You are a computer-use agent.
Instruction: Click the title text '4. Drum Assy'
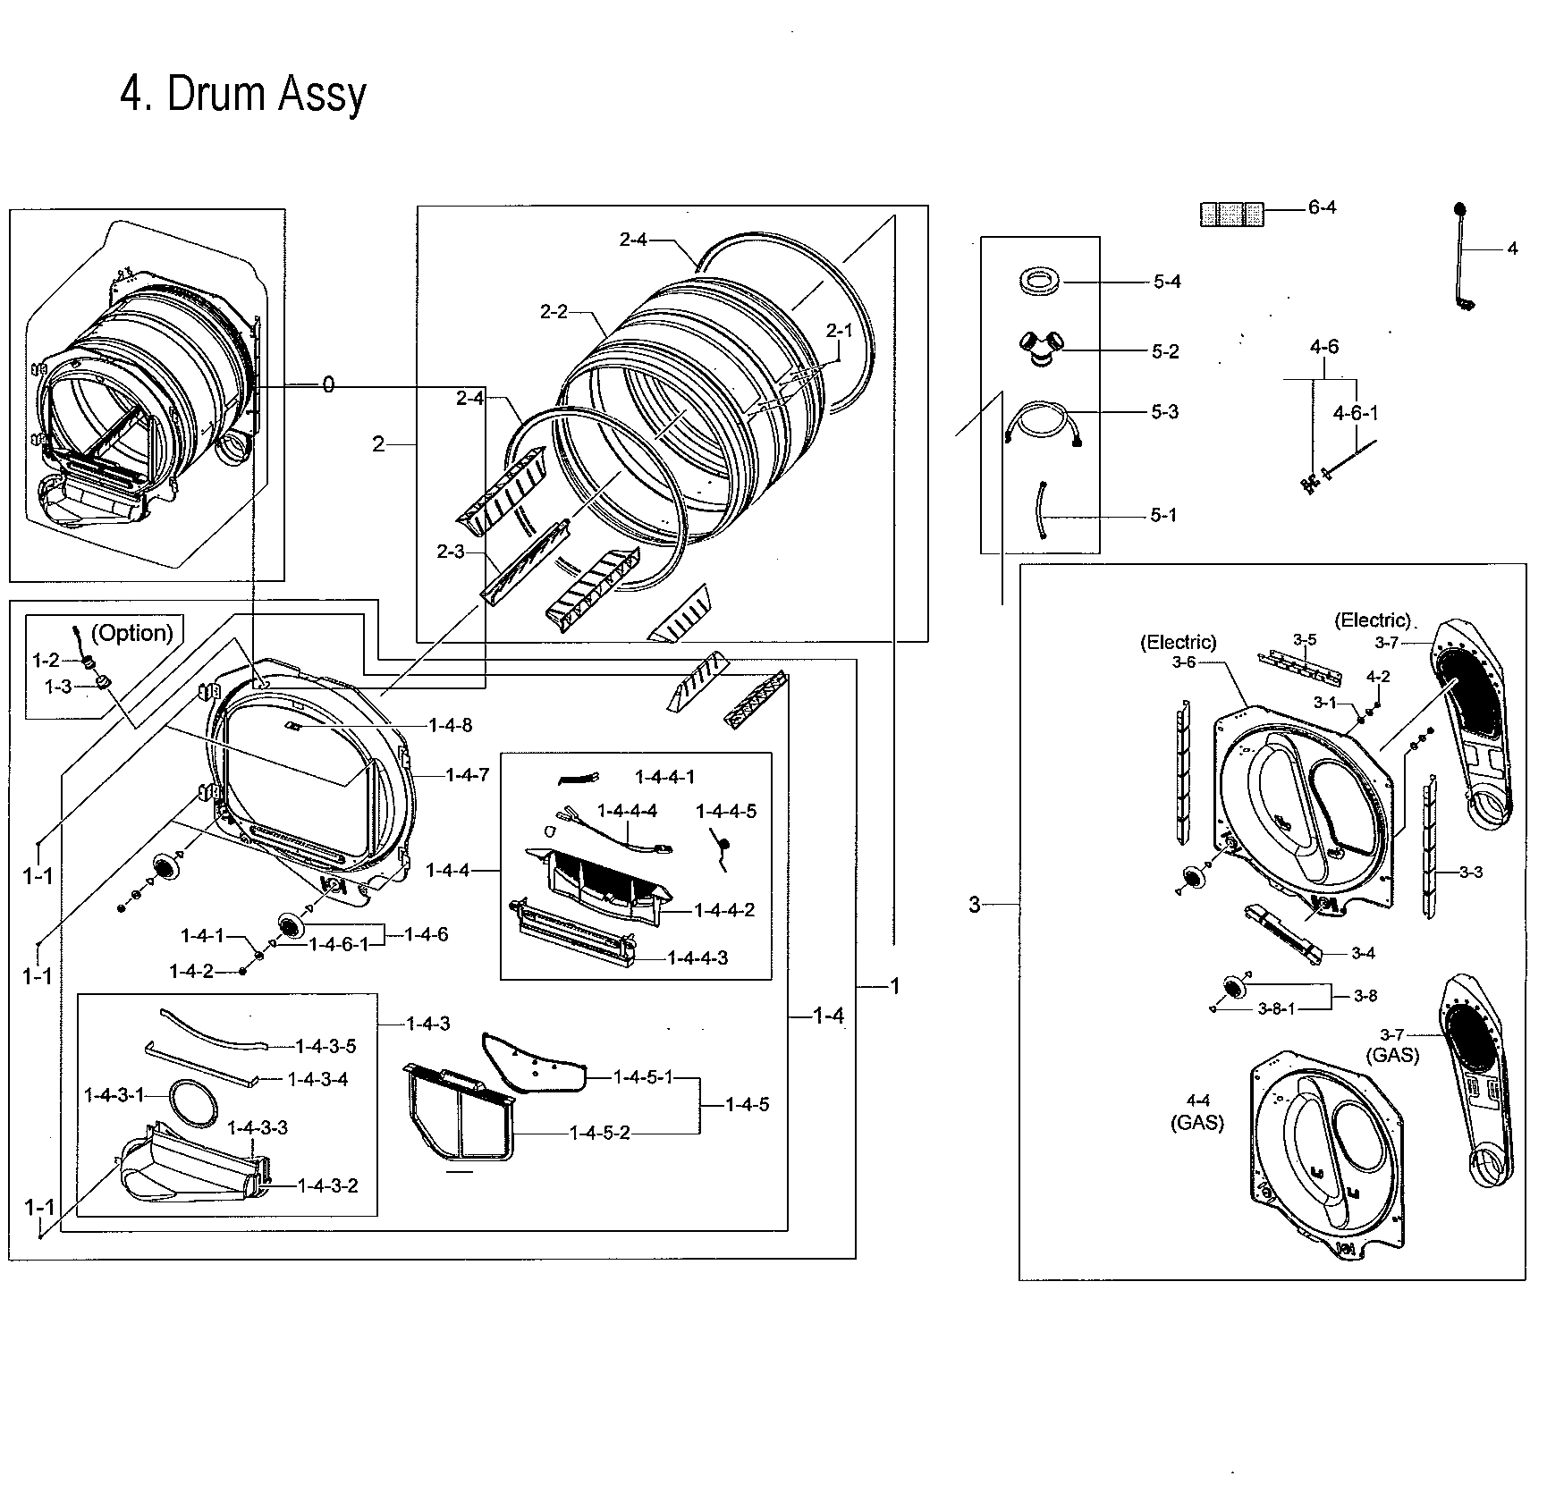(x=243, y=95)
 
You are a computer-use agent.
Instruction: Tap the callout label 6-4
(x=1322, y=207)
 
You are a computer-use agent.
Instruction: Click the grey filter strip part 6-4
(x=1231, y=214)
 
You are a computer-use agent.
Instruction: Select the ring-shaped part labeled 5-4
(x=1039, y=281)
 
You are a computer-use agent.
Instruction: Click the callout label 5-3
(x=1164, y=412)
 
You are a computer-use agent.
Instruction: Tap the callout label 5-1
(x=1163, y=516)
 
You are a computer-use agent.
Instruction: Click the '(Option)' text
(x=132, y=633)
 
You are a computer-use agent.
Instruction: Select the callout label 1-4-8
(x=451, y=725)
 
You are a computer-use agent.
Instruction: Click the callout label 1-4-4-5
(x=726, y=811)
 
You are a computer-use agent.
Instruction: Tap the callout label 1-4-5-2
(x=600, y=1134)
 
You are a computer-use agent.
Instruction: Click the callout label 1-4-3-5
(x=325, y=1046)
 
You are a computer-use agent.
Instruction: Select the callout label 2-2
(x=554, y=311)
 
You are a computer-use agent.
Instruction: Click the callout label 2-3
(x=451, y=552)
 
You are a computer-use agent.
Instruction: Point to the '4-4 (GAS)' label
(x=1197, y=1111)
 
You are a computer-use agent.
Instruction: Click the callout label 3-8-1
(x=1276, y=1009)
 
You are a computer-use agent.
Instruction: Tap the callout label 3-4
(x=1363, y=954)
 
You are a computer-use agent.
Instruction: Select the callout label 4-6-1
(x=1356, y=413)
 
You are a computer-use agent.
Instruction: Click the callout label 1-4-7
(x=468, y=775)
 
